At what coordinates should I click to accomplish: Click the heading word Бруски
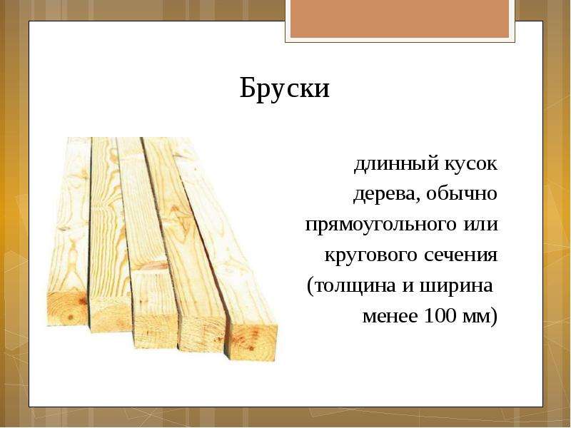point(284,88)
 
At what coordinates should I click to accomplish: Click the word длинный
point(396,164)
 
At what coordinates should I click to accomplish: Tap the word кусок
point(471,164)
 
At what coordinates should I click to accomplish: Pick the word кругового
point(371,255)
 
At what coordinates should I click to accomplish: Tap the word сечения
point(460,255)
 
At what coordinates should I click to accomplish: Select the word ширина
point(456,286)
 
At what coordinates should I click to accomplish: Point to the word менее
point(390,316)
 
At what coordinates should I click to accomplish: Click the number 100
point(440,315)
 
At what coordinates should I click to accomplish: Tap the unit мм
point(476,316)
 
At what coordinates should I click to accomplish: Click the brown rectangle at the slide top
point(400,19)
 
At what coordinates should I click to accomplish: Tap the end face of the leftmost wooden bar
point(68,308)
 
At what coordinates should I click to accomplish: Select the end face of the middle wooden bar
point(156,328)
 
